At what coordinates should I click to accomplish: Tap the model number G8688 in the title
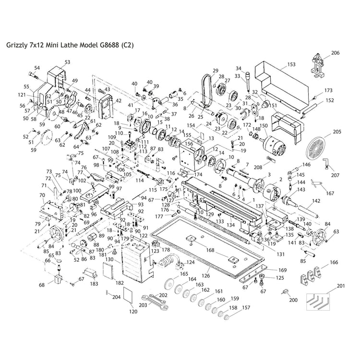pyautogui.click(x=108, y=46)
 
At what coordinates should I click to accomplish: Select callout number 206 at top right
pyautogui.click(x=336, y=53)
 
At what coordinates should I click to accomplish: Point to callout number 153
pyautogui.click(x=292, y=64)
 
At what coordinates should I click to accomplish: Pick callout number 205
pyautogui.click(x=336, y=131)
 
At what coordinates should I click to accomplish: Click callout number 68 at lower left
pyautogui.click(x=42, y=285)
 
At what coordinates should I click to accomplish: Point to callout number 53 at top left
pyautogui.click(x=67, y=62)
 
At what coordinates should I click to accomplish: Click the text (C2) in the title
pyautogui.click(x=127, y=46)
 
